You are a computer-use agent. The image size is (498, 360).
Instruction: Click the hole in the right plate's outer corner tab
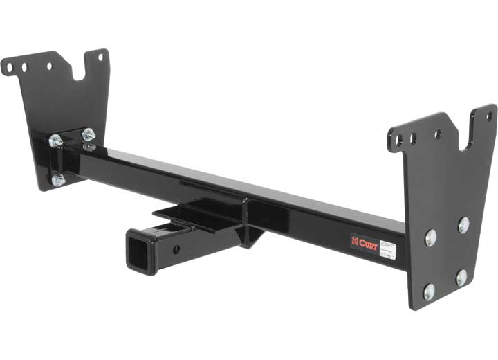pyautogui.click(x=489, y=116)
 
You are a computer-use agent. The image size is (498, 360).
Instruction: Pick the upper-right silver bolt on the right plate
pyautogui.click(x=463, y=224)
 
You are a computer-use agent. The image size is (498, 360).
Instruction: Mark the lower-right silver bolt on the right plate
pyautogui.click(x=461, y=278)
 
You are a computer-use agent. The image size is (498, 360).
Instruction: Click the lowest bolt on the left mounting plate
pyautogui.click(x=58, y=180)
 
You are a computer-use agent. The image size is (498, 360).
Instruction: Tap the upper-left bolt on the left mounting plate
pyautogui.click(x=55, y=141)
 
